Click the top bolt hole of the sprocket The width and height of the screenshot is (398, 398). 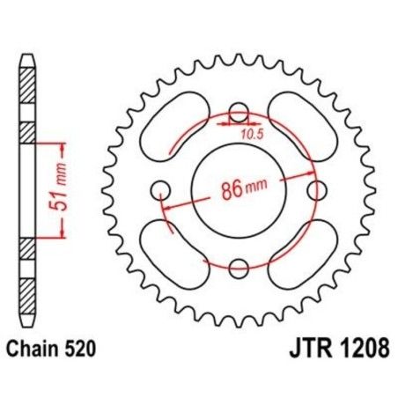click(237, 113)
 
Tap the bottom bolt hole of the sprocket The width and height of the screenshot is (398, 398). click(237, 267)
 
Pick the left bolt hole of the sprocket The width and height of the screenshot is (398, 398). click(159, 189)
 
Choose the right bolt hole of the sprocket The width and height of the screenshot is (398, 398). click(314, 189)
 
